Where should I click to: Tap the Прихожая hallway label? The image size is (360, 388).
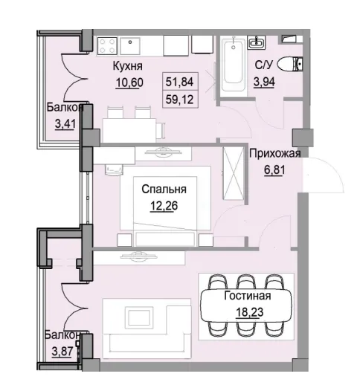[274, 155]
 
